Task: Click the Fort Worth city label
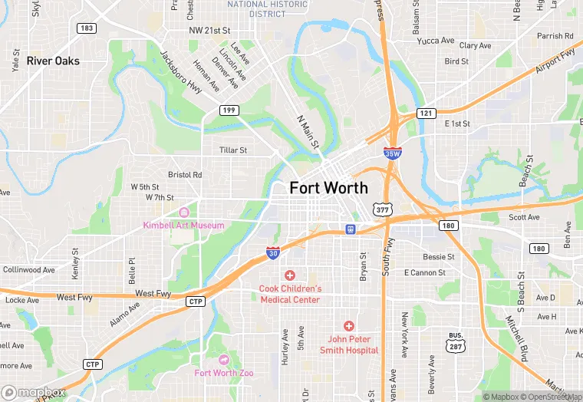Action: [x=328, y=188]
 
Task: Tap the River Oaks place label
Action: [x=53, y=61]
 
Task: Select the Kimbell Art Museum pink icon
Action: [x=183, y=213]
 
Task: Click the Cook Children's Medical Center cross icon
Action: [x=290, y=275]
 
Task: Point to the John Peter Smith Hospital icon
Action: [x=349, y=326]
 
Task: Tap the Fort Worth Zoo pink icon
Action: [x=224, y=360]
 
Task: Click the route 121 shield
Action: [x=426, y=114]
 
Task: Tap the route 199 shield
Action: [x=229, y=110]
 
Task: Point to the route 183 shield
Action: [x=86, y=28]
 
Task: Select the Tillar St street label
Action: [x=233, y=150]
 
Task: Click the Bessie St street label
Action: [x=440, y=257]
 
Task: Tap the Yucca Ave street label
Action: [x=436, y=41]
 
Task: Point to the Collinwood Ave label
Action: [x=29, y=270]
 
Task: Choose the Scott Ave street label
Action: [x=525, y=217]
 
